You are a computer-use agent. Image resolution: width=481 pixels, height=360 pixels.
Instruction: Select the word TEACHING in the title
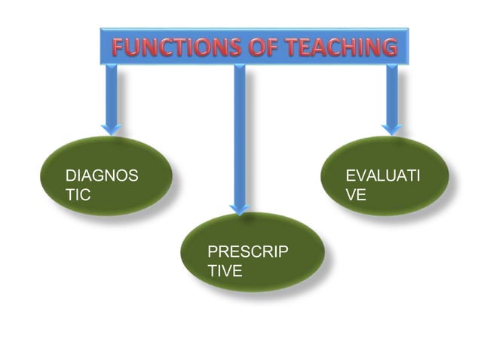(x=342, y=47)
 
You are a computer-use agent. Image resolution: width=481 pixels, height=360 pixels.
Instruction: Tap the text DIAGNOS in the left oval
(x=102, y=176)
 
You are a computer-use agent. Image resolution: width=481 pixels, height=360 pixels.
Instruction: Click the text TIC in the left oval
(x=78, y=194)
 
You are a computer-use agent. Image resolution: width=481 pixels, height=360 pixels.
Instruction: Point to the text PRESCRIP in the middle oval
(x=247, y=252)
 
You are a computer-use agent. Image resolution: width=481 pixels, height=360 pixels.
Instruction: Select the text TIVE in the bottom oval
(x=225, y=270)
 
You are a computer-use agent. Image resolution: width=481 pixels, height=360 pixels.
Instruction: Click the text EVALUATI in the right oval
(x=382, y=176)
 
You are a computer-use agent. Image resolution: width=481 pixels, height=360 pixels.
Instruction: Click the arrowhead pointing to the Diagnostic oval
(x=112, y=128)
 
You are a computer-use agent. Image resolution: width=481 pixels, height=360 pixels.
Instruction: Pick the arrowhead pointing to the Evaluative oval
(x=391, y=128)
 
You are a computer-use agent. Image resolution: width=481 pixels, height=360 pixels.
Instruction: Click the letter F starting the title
(x=119, y=47)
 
